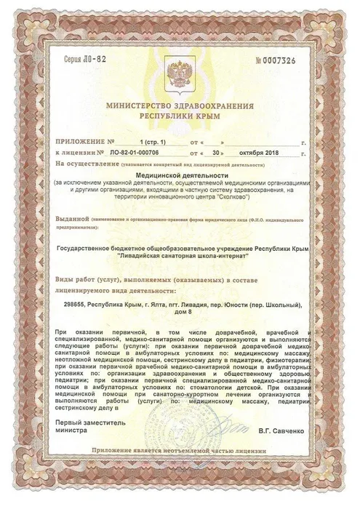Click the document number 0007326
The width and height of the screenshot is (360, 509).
click(x=297, y=58)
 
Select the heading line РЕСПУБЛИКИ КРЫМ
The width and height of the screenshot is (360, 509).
click(x=180, y=116)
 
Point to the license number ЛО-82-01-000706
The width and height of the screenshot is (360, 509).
click(x=142, y=154)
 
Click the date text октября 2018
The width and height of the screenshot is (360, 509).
click(x=258, y=154)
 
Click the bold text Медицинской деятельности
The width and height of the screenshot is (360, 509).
click(x=180, y=176)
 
